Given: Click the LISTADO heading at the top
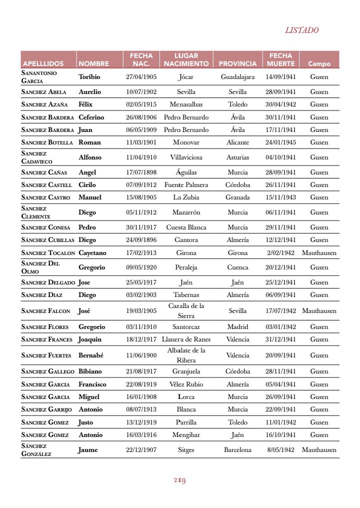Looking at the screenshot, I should [x=301, y=30].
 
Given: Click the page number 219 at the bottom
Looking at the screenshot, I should [x=180, y=480].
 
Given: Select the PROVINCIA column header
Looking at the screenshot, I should [x=237, y=64].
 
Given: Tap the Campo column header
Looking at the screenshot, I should [x=319, y=64].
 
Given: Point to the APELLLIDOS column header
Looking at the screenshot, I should [x=42, y=64].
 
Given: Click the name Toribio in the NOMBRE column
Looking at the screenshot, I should [x=89, y=77].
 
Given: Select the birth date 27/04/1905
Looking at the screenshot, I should [x=141, y=77].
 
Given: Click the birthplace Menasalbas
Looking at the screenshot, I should [x=186, y=104].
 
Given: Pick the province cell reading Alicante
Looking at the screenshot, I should [x=237, y=142].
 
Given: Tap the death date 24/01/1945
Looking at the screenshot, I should [x=280, y=142].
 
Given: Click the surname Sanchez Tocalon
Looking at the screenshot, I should [x=48, y=253].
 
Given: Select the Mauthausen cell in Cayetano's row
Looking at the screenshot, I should [x=319, y=253].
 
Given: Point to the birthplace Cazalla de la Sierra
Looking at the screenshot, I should [x=186, y=310].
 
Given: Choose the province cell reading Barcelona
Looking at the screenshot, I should [x=237, y=449].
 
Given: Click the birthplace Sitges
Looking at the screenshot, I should [x=186, y=449].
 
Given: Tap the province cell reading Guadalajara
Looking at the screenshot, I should [x=237, y=77].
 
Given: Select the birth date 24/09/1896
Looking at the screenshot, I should [x=141, y=239].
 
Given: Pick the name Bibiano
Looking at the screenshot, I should [x=90, y=371].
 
